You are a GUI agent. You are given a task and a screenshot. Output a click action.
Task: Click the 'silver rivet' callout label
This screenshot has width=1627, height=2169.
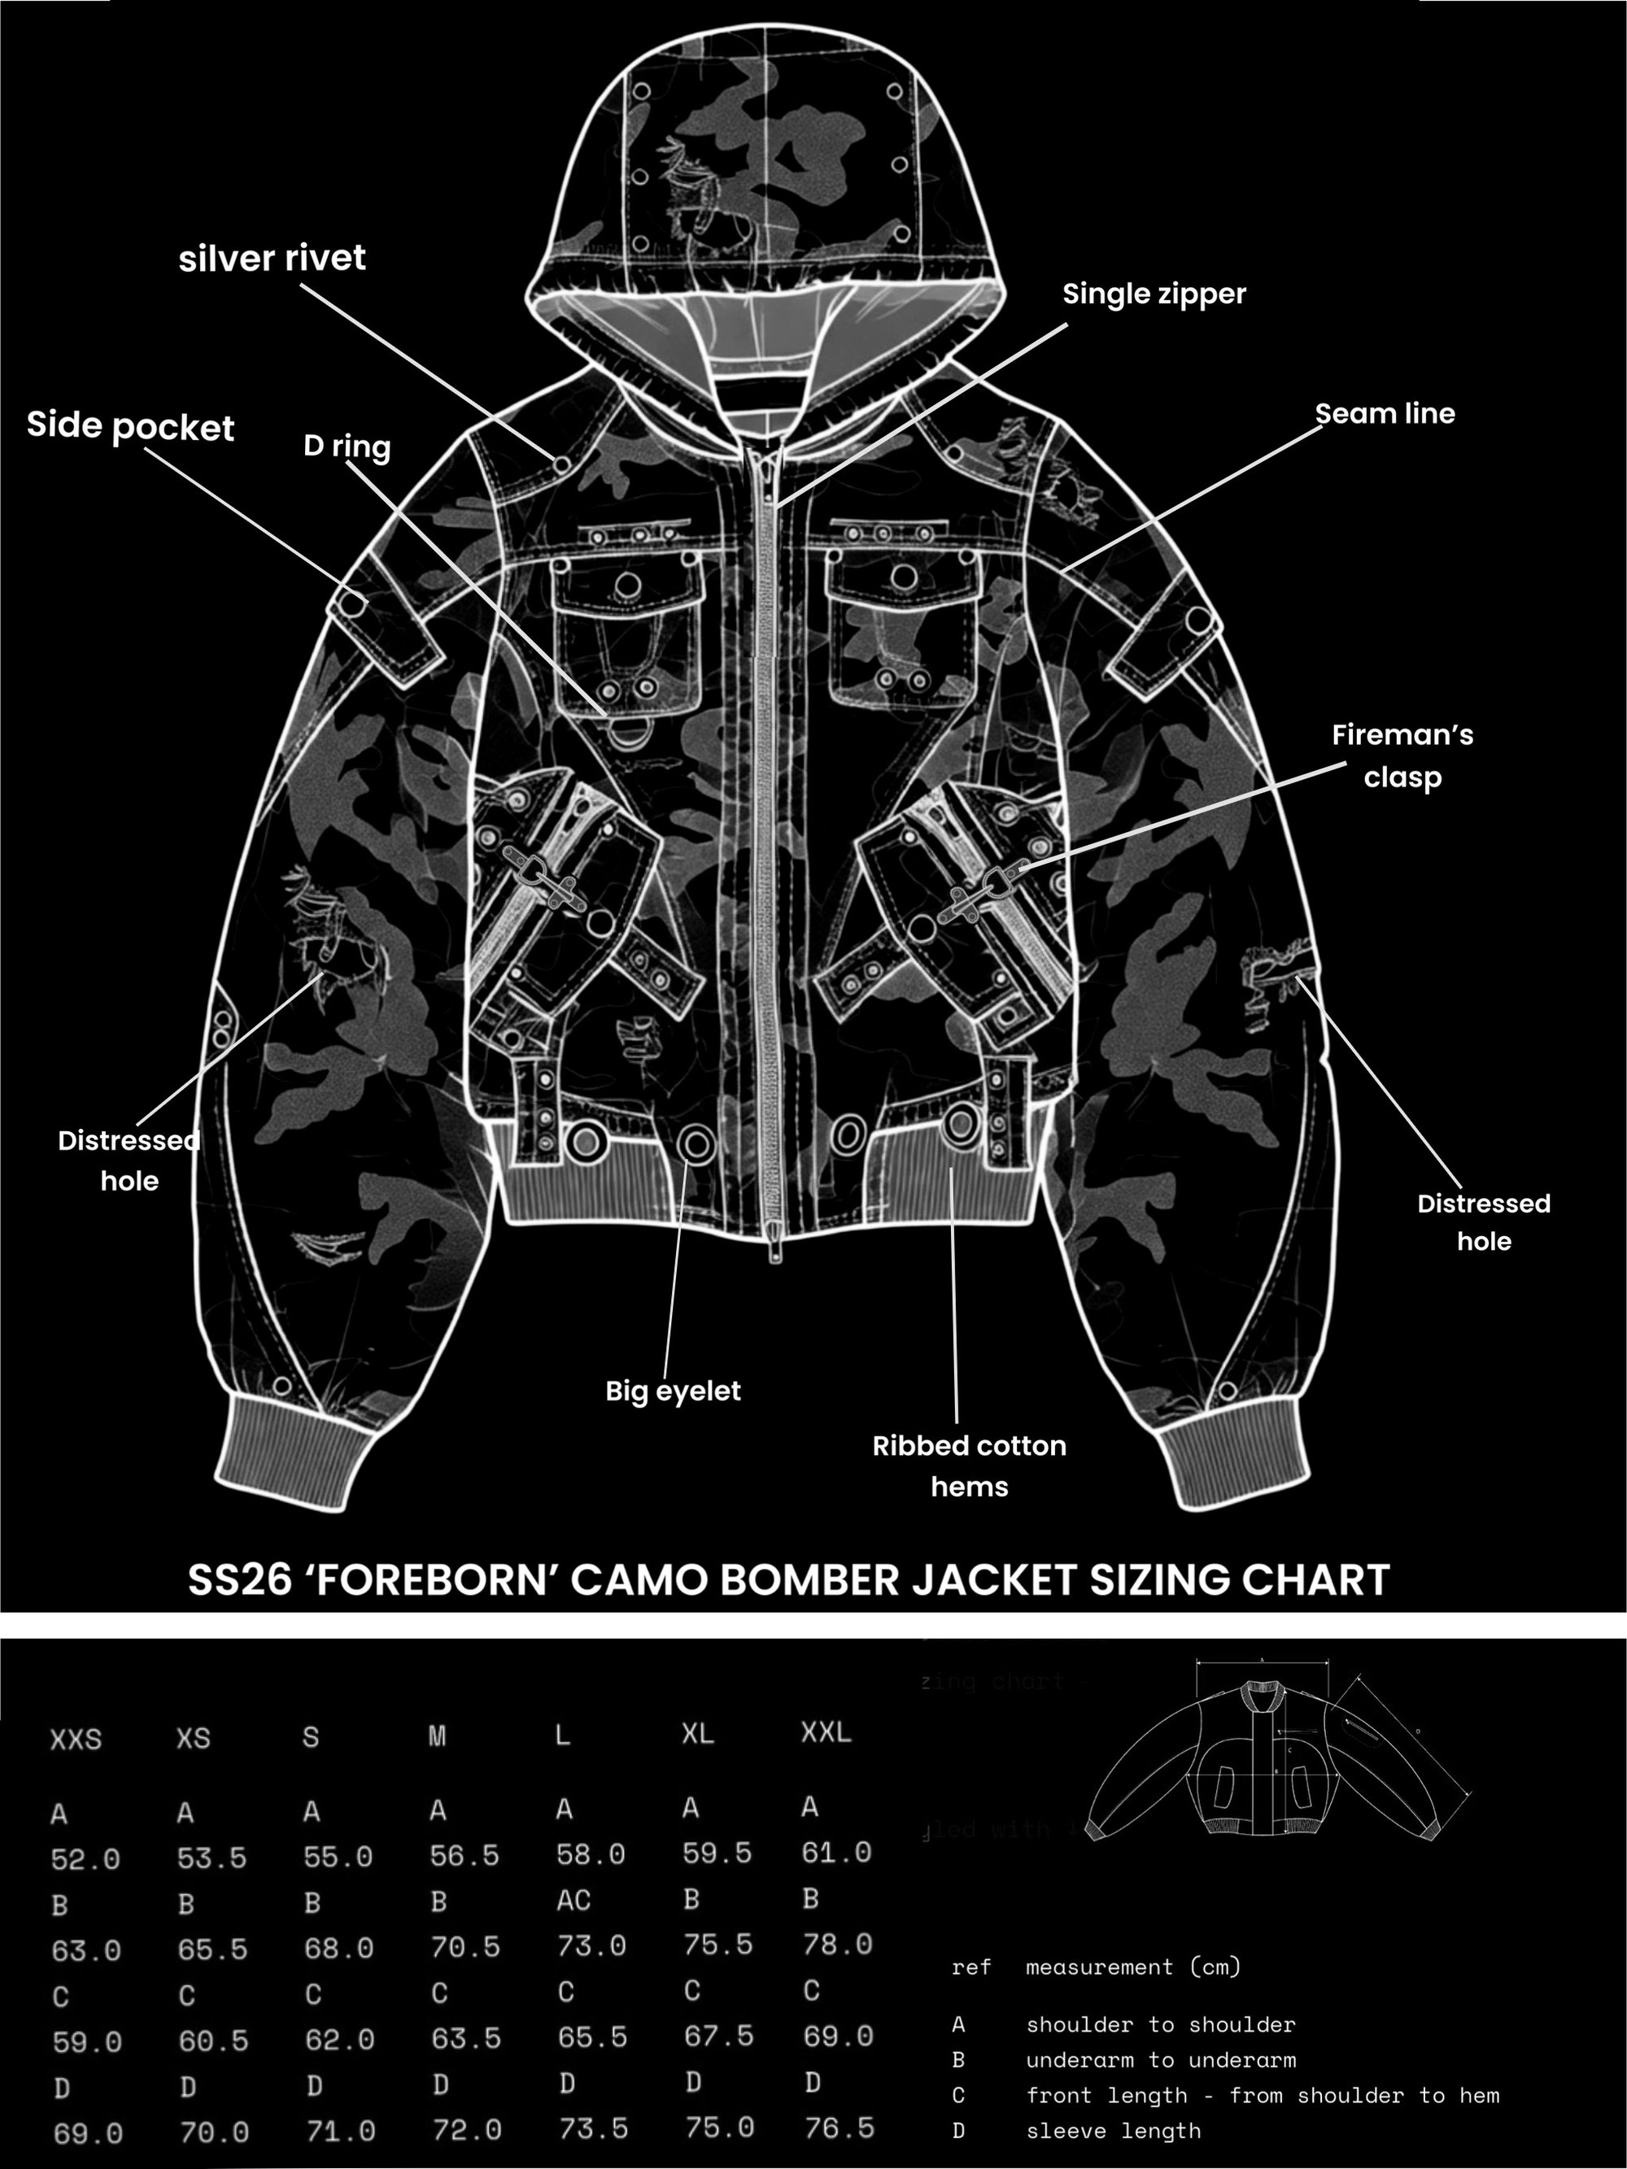click(272, 258)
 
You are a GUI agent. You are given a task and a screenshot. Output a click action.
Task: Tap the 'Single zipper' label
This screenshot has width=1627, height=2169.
click(1154, 294)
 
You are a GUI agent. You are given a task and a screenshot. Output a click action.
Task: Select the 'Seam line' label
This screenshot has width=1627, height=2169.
click(1385, 414)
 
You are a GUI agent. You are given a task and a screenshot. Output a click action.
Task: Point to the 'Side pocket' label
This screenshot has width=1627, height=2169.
click(130, 426)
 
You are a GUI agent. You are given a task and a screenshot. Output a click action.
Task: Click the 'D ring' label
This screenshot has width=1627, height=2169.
click(347, 446)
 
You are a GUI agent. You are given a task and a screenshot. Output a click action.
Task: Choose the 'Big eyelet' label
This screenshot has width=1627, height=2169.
click(673, 1391)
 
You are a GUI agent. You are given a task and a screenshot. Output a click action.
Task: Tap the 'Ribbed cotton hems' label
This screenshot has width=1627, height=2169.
click(969, 1466)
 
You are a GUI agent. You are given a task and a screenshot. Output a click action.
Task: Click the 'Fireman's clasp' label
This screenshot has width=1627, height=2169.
click(1402, 756)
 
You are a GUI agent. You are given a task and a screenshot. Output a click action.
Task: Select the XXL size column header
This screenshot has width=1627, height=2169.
click(826, 1731)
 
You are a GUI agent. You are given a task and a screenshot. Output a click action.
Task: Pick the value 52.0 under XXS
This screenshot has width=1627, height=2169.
click(85, 1858)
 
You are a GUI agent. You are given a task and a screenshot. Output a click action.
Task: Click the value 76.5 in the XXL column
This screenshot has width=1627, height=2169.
click(840, 2127)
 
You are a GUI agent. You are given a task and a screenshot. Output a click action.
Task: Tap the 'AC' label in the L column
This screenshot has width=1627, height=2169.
click(574, 1901)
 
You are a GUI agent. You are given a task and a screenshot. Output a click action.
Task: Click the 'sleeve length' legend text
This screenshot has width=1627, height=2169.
click(1113, 2130)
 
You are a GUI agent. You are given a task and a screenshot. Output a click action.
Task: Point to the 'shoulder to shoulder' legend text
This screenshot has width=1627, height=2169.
click(1160, 2024)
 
